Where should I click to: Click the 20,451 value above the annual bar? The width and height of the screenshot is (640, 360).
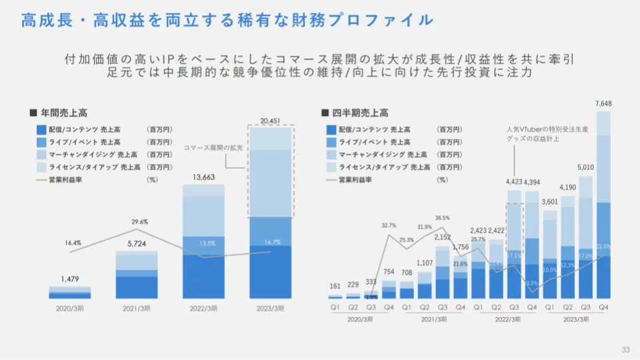271,121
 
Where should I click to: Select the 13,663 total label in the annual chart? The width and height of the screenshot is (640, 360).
203,179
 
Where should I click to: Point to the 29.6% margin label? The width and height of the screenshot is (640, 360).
139,221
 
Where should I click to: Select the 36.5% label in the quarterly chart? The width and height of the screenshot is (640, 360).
443,218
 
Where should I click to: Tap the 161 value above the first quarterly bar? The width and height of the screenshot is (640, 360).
335,287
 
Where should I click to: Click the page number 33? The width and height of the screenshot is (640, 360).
625,350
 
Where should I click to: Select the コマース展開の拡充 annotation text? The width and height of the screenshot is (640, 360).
213,147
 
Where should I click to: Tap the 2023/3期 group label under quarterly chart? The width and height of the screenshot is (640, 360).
575,319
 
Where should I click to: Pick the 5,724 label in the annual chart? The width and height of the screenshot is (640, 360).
137,243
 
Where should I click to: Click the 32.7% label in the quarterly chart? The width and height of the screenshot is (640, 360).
388,225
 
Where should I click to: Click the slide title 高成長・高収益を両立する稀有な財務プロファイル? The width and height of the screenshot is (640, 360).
227,20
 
